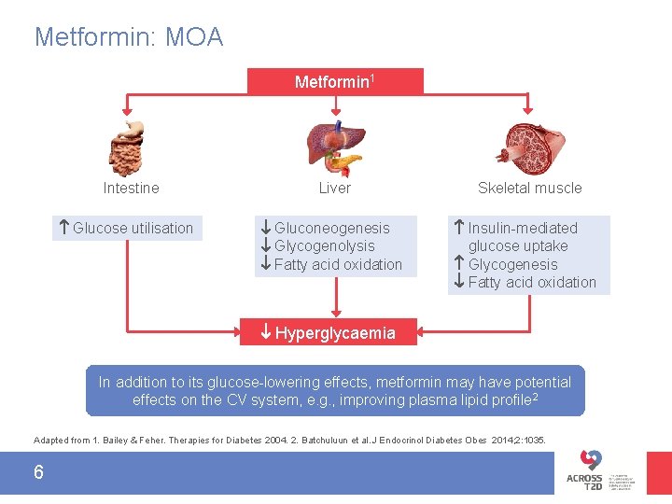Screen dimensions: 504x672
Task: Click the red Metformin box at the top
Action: pyautogui.click(x=335, y=81)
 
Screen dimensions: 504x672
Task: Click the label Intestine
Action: pyautogui.click(x=131, y=189)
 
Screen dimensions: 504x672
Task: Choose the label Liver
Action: pyautogui.click(x=334, y=189)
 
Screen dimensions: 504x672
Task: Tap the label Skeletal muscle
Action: pyautogui.click(x=529, y=189)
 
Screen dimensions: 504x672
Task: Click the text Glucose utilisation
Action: pyautogui.click(x=133, y=228)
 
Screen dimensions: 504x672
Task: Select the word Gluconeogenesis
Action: pyautogui.click(x=331, y=228)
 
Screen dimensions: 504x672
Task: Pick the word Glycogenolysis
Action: pyautogui.click(x=324, y=246)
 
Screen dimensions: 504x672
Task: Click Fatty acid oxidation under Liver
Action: pyautogui.click(x=338, y=264)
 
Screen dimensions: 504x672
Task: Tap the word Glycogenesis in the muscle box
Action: pyautogui.click(x=512, y=264)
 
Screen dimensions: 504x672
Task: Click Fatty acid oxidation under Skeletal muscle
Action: pyautogui.click(x=532, y=283)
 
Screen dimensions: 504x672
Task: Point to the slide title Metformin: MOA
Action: pyautogui.click(x=129, y=37)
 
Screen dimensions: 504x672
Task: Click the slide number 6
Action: pyautogui.click(x=38, y=472)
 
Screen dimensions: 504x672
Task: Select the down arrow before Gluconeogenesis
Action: pyautogui.click(x=266, y=228)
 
